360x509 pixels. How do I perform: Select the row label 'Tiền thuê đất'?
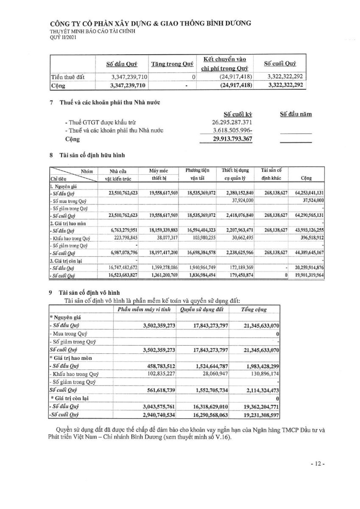point(67,77)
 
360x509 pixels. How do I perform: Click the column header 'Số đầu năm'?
point(296,114)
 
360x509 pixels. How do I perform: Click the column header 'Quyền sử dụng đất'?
point(202,310)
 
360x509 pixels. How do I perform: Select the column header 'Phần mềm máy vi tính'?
point(144,310)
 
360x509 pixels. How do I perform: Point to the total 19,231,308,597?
point(257,413)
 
